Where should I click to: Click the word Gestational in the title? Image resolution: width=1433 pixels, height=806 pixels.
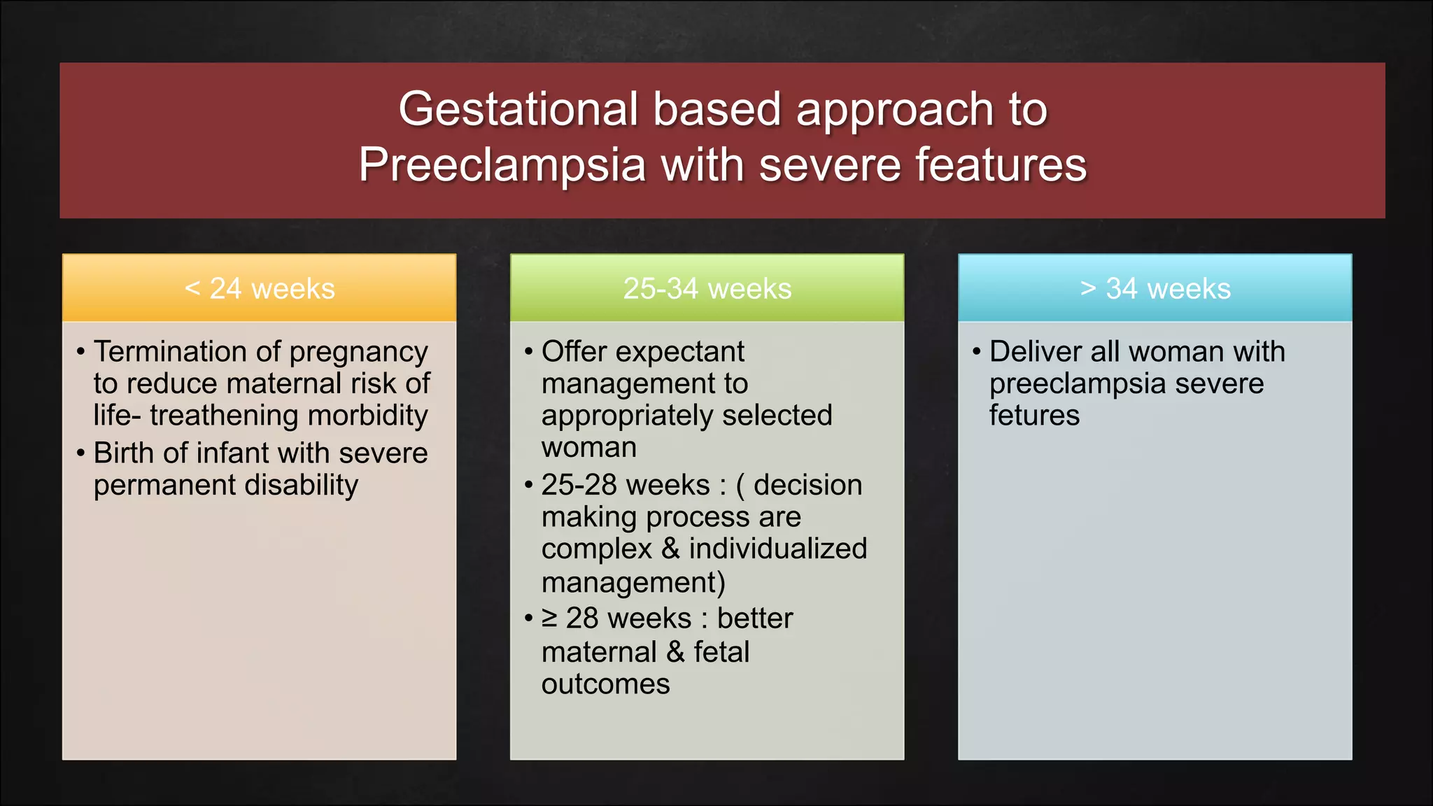[518, 110]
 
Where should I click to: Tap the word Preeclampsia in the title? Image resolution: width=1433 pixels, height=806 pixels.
[502, 166]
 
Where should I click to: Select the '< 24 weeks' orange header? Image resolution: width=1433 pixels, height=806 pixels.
[259, 288]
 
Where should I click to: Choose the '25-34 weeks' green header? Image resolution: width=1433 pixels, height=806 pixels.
[707, 288]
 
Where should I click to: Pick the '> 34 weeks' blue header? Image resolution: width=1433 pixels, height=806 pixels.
[1155, 288]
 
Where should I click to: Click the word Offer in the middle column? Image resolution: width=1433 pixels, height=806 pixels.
[574, 351]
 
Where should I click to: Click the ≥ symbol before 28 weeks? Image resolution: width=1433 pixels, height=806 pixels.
[549, 618]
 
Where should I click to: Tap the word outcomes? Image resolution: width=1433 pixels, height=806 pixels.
[605, 684]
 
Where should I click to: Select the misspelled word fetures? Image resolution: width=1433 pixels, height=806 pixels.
[1034, 416]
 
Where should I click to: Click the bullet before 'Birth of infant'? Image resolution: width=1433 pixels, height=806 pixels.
[80, 453]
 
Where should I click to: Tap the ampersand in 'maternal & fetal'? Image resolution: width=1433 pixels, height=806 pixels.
[675, 652]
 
